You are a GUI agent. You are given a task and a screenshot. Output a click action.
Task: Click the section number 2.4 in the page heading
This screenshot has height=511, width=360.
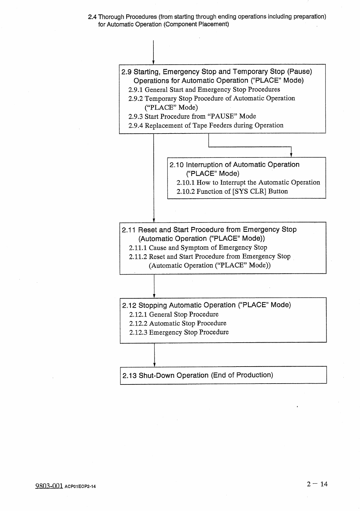92,17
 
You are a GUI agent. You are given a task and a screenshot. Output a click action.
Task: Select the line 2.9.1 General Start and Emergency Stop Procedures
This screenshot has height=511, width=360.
204,90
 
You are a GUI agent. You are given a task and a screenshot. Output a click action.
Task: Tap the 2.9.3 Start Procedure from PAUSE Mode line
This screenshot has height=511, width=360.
192,116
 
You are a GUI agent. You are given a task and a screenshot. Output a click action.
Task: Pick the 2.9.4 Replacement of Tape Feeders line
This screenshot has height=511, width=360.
206,125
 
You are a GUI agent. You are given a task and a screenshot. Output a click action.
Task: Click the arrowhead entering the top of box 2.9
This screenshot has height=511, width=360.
154,63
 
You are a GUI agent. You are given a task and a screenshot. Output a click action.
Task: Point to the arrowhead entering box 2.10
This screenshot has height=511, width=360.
291,155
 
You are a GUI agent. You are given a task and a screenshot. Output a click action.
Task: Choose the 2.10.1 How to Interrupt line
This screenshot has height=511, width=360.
248,182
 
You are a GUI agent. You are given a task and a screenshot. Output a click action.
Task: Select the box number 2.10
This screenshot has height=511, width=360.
177,165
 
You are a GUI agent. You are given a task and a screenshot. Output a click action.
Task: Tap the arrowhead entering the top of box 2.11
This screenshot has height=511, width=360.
154,220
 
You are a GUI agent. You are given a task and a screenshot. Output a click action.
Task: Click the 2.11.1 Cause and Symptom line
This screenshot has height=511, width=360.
198,248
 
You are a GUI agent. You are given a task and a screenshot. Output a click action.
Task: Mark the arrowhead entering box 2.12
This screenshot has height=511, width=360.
154,296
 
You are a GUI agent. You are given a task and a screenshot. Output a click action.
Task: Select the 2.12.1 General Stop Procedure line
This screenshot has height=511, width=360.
173,314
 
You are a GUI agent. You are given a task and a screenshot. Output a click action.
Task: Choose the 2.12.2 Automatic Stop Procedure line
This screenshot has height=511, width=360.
177,323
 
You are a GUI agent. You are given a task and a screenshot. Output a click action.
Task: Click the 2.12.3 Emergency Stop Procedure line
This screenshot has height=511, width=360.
179,332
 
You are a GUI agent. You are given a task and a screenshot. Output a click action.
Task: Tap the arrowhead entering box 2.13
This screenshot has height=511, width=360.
155,364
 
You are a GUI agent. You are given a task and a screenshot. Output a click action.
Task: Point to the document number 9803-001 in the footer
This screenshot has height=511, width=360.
49,486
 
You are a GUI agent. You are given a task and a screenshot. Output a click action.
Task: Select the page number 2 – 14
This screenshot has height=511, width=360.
317,484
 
